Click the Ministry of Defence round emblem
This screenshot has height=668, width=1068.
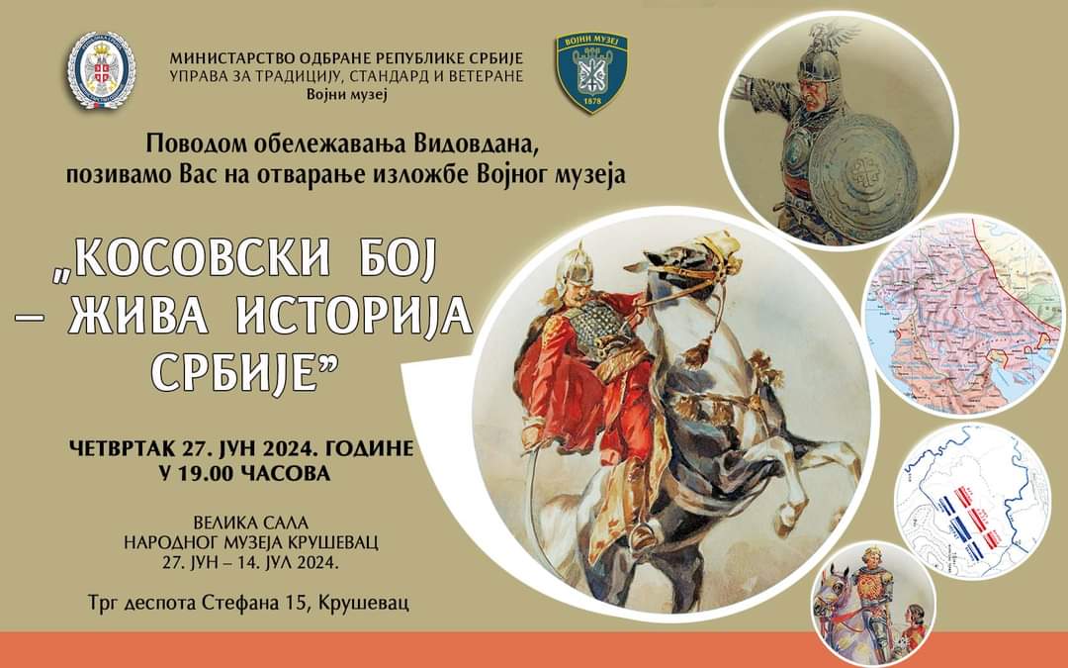[x=101, y=70]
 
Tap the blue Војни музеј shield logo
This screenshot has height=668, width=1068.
[x=591, y=73]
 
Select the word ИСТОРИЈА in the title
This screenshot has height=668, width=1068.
[x=355, y=316]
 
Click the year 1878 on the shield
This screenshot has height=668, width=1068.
[x=590, y=102]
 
